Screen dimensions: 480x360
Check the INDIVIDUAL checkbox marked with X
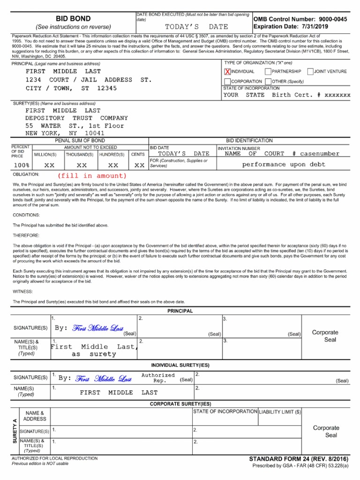click(x=228, y=72)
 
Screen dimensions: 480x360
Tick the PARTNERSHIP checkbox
click(x=268, y=72)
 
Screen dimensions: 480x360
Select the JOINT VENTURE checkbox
click(x=310, y=72)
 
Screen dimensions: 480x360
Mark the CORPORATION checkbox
click(x=228, y=82)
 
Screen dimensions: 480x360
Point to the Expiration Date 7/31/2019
click(x=291, y=27)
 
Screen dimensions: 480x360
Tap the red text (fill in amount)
click(x=92, y=176)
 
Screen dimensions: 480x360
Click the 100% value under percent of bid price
click(x=22, y=165)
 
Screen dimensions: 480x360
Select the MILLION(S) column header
click(x=45, y=154)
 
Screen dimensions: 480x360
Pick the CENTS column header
click(x=138, y=154)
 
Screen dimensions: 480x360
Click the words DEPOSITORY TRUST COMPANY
click(x=76, y=119)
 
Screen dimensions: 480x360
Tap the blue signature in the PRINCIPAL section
click(x=98, y=328)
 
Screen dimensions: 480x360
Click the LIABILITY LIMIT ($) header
click(x=280, y=412)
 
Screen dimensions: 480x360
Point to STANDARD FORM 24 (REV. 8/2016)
click(x=299, y=459)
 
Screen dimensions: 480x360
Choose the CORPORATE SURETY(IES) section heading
click(x=180, y=404)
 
